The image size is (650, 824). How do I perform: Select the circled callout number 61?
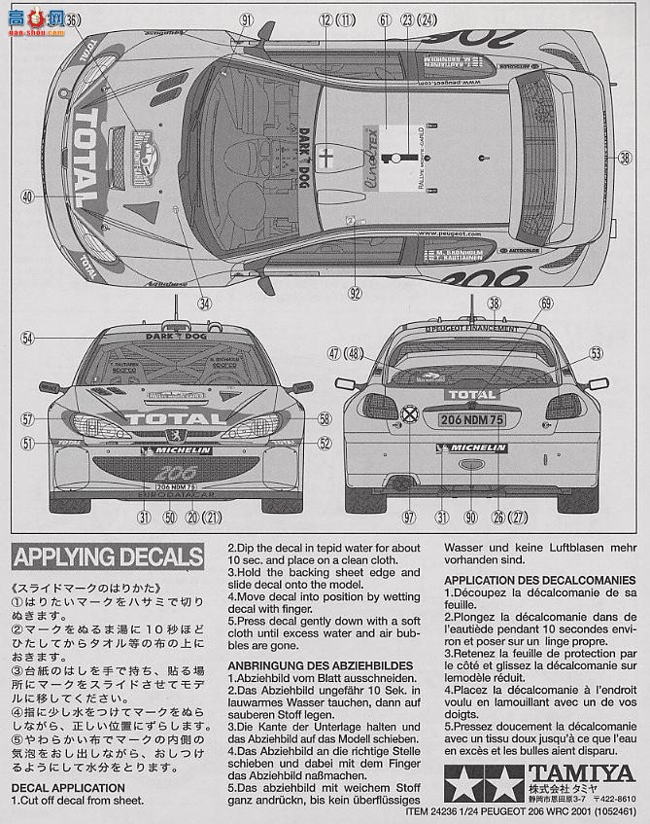384,19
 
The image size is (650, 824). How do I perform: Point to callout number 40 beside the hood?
27,196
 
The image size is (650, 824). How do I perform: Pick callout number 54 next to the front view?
27,338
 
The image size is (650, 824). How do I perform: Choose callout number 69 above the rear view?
545,304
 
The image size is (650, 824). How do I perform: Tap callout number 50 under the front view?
169,517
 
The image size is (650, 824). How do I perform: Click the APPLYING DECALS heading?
107,557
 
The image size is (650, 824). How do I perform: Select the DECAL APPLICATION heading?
68,787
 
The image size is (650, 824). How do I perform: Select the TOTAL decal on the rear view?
471,394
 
